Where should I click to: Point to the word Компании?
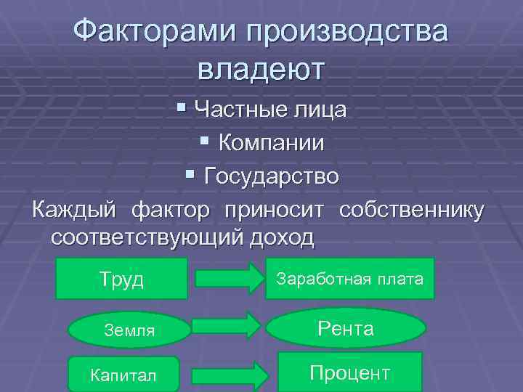point(272,143)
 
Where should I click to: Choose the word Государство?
point(272,176)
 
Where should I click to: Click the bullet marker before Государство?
point(190,175)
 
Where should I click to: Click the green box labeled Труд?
point(121,279)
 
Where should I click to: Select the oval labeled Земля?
point(129,330)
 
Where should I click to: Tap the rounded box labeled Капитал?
point(123,375)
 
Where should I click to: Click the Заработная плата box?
point(350,279)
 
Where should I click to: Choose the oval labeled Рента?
point(346,329)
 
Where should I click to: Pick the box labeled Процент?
point(350,373)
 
